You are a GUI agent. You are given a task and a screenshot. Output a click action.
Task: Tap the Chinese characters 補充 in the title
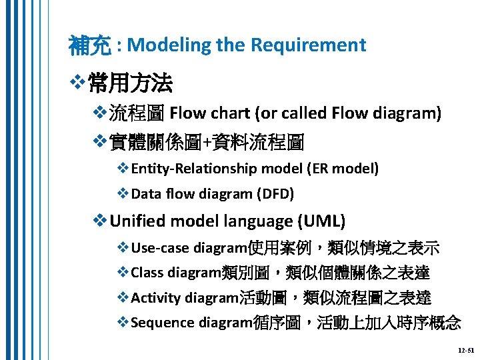[90, 45]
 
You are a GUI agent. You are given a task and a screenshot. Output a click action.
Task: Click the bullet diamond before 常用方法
[77, 85]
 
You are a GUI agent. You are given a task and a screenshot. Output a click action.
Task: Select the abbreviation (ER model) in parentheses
[343, 169]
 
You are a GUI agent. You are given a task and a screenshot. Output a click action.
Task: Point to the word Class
[147, 273]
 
